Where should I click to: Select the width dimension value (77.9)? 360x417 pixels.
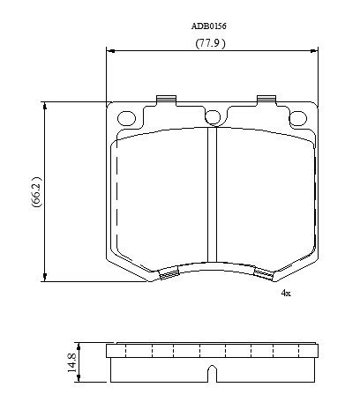(210, 42)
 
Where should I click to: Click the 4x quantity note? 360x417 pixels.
(285, 292)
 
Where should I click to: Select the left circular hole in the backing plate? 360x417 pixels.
(126, 116)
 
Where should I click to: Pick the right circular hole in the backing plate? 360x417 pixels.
(297, 116)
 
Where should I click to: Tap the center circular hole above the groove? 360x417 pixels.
(212, 116)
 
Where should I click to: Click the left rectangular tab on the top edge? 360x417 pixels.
(162, 100)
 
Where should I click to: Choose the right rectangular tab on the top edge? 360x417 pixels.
(264, 100)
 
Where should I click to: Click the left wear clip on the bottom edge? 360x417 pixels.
(162, 276)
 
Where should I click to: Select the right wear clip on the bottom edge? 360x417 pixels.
(263, 276)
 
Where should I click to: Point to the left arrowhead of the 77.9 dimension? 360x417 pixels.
(109, 51)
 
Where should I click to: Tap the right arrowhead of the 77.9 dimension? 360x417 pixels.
(315, 51)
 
